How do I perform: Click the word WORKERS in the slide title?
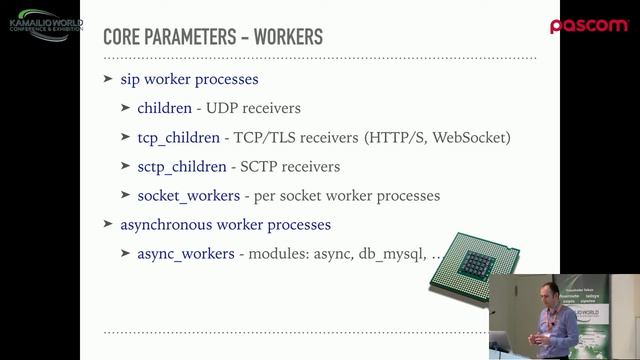[289, 38]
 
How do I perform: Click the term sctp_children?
[181, 166]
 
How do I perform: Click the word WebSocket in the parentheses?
[476, 137]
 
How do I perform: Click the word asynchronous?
[172, 224]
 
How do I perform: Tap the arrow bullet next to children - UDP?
[126, 108]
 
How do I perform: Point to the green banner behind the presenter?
[595, 305]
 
